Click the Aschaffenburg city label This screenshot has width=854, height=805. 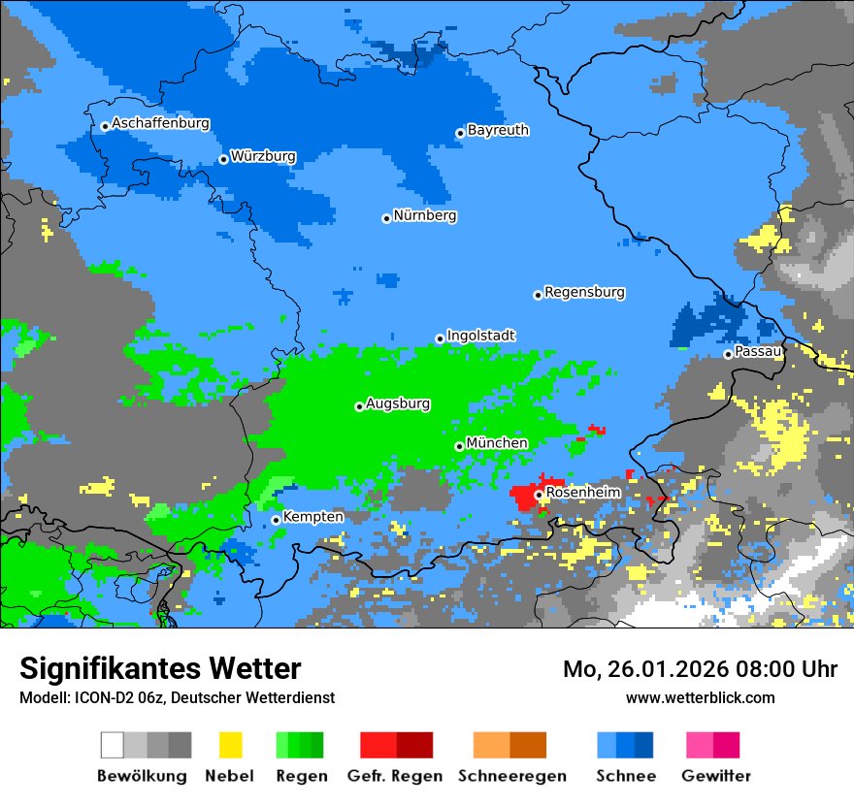click(x=160, y=124)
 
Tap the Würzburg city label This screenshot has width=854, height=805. click(x=263, y=156)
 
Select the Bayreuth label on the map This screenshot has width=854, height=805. click(x=498, y=130)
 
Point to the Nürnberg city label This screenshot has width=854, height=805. click(x=425, y=215)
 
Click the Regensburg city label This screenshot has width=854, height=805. click(x=584, y=292)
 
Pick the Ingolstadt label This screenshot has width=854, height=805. click(x=480, y=336)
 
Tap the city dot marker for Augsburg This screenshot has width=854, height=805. click(x=359, y=406)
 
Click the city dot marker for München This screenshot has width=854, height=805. click(x=459, y=446)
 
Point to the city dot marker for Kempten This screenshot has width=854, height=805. click(x=276, y=520)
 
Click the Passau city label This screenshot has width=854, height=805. click(x=758, y=351)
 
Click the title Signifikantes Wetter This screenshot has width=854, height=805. click(x=160, y=668)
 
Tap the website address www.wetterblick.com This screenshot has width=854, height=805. click(x=700, y=697)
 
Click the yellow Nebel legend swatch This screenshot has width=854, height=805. click(x=230, y=745)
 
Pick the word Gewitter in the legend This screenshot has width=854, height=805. click(x=716, y=776)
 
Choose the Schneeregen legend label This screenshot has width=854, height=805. click(x=512, y=776)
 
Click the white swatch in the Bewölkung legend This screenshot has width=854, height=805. click(x=113, y=745)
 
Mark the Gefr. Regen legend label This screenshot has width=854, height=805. click(x=394, y=776)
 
